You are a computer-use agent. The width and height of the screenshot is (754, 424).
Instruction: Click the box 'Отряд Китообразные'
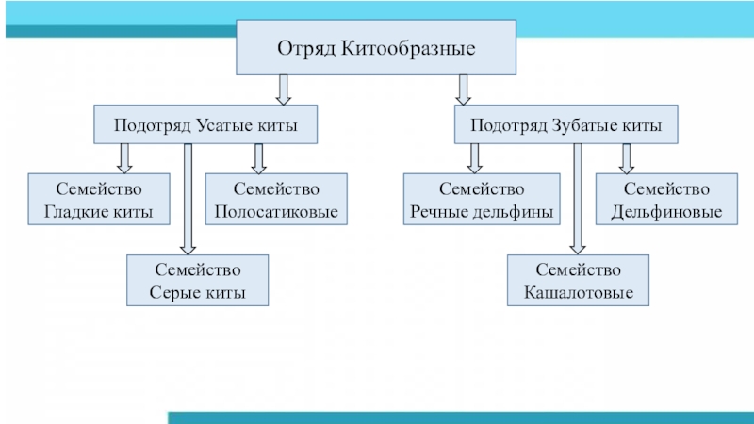click(375, 48)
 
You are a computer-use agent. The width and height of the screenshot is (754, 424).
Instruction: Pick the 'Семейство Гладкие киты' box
click(99, 200)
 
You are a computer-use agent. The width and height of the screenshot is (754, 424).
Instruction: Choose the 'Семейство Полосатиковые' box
click(276, 200)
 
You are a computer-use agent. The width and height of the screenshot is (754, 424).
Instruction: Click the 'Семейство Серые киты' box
click(198, 280)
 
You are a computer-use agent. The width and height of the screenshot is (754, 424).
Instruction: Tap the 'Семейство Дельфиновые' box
click(666, 200)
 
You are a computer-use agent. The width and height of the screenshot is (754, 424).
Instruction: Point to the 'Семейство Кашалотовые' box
click(578, 280)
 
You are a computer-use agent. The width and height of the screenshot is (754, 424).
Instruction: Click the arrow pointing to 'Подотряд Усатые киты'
click(283, 90)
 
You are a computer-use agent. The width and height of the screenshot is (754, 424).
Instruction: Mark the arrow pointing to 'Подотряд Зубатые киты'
click(463, 90)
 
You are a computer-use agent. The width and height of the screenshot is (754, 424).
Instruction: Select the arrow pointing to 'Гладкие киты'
click(124, 158)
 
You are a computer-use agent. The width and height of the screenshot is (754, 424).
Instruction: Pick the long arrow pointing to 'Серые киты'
click(188, 198)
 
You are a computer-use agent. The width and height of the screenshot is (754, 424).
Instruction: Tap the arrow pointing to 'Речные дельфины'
click(475, 158)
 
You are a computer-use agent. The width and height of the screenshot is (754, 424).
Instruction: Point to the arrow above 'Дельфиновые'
click(626, 158)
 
